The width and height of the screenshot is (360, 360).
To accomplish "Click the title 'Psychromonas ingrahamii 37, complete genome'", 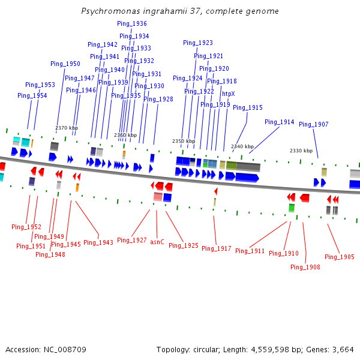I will tap(180, 11).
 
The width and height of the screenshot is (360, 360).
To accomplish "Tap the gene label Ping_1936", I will tap(131, 23).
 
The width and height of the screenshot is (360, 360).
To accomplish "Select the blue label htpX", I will tap(229, 94).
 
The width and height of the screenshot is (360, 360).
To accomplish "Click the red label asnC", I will tap(157, 242).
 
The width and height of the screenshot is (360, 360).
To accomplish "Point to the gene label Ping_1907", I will tap(314, 124).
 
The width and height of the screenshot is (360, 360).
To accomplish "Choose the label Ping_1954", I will tap(32, 95).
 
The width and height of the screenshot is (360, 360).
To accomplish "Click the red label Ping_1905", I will tap(340, 257).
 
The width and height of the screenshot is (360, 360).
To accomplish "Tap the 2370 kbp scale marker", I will tap(67, 128).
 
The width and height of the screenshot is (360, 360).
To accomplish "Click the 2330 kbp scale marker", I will tap(301, 151).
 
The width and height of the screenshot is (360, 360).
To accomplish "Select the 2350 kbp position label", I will tap(184, 141).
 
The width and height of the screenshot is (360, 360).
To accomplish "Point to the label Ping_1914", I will tap(280, 122).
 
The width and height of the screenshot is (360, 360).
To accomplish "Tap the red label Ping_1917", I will tap(217, 248).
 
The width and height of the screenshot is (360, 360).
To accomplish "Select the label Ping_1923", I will tap(198, 43).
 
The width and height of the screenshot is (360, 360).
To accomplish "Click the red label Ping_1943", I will tap(98, 242).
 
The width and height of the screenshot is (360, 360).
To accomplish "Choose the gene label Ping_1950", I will tap(65, 64).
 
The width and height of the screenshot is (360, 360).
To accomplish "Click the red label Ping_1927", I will tap(132, 240).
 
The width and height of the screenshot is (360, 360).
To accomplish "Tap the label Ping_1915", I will tap(248, 107).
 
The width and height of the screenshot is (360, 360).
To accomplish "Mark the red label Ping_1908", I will tap(305, 267).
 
